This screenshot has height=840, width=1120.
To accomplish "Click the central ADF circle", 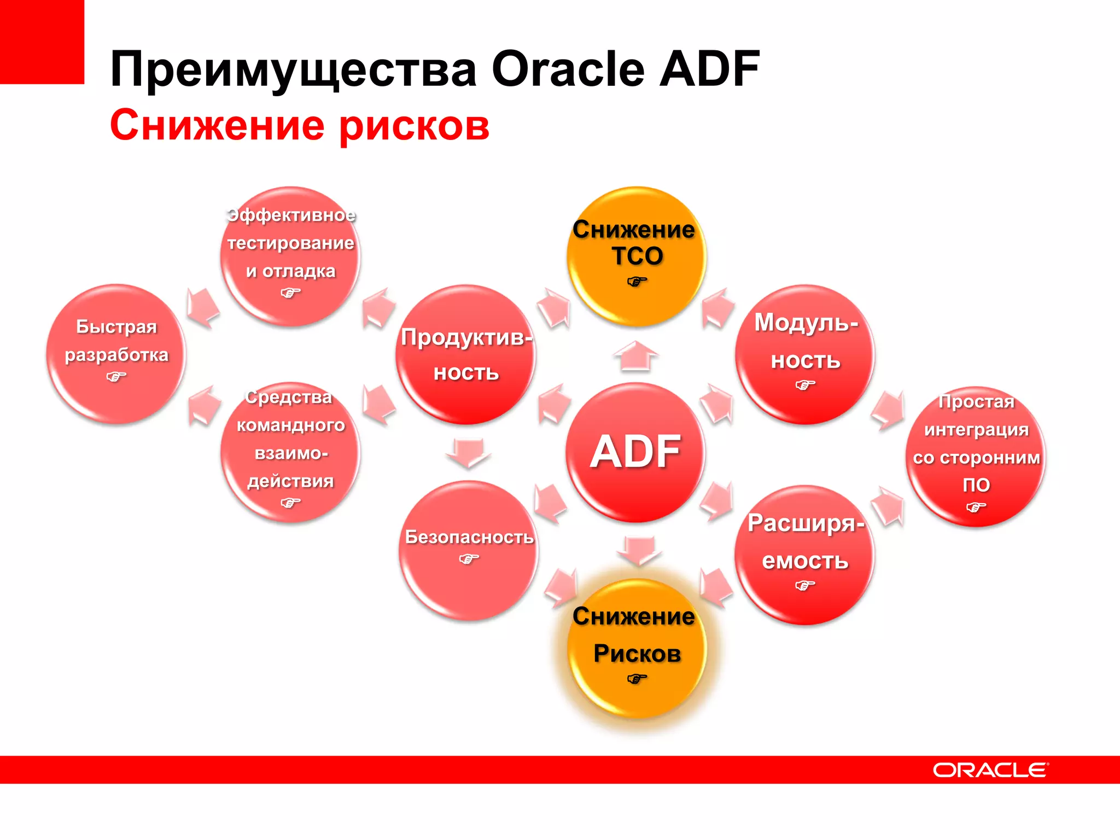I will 635,452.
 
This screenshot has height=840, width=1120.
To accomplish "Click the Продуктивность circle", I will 465,354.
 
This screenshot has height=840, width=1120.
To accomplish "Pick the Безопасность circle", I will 469,550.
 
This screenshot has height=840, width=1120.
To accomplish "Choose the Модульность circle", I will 805,354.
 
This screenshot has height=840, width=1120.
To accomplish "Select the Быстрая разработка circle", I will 116,353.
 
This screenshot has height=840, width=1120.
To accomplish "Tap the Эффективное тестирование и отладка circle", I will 290,256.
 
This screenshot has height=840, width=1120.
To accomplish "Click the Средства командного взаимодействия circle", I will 290,452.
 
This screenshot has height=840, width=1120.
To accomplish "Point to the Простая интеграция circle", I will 976,456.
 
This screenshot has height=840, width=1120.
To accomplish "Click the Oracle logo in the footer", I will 990,770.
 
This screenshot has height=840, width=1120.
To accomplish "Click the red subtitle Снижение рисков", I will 299,126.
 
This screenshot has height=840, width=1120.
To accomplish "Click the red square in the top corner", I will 42,42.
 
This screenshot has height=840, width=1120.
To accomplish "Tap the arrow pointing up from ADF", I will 635,356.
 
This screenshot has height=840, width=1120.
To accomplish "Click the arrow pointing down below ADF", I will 638,550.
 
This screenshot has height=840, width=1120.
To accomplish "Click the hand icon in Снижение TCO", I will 637,282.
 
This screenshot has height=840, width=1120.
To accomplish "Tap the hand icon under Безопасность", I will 469,558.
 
